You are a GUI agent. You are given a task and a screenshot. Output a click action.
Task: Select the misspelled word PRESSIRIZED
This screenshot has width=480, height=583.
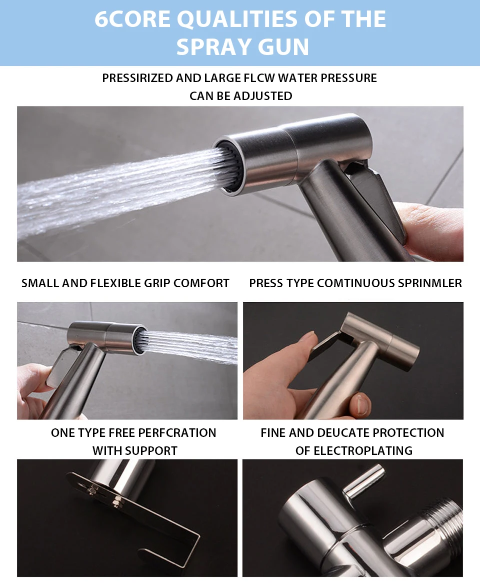point(137,78)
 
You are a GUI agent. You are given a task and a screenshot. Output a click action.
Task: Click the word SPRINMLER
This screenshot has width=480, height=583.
point(430,283)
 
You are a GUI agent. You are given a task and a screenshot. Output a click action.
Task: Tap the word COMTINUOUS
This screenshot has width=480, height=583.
point(356,283)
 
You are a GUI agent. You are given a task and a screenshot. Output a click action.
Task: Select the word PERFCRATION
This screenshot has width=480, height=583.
point(176,433)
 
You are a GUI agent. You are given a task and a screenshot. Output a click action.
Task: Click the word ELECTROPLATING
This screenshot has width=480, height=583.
point(362,450)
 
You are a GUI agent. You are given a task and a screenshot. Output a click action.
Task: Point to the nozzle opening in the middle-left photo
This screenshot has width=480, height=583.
point(140,340)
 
